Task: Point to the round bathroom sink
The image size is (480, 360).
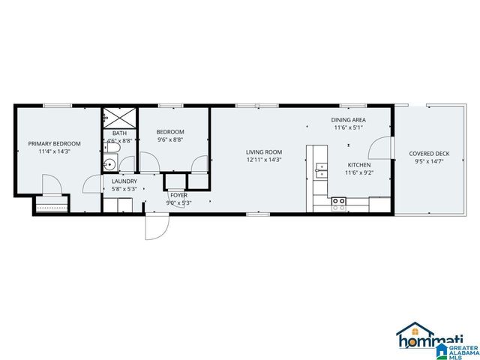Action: [109, 164]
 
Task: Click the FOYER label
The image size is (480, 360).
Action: [178, 195]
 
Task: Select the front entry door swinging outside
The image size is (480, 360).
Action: [155, 225]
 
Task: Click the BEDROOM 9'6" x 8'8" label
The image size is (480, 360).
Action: [169, 132]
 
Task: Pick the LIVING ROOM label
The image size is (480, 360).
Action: [264, 152]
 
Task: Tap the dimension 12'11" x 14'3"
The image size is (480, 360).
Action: [264, 160]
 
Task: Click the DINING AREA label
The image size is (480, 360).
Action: [349, 120]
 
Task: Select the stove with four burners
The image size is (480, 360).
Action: [339, 201]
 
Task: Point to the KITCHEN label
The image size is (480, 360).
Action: [358, 165]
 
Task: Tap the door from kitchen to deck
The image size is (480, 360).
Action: [382, 148]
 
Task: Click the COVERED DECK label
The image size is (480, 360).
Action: [428, 153]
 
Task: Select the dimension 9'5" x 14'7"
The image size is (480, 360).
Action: [428, 160]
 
